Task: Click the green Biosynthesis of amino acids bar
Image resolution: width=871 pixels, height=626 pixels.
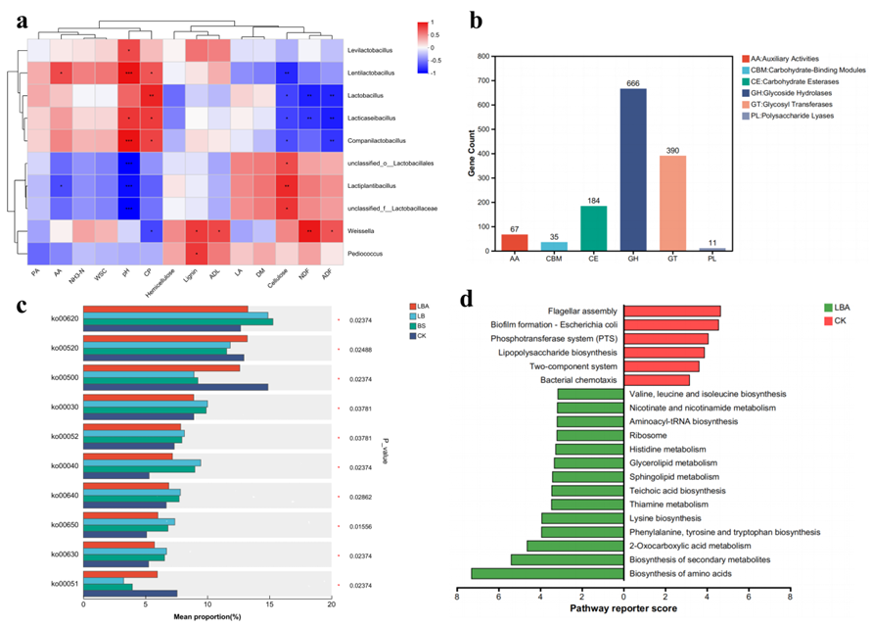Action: (547, 574)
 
